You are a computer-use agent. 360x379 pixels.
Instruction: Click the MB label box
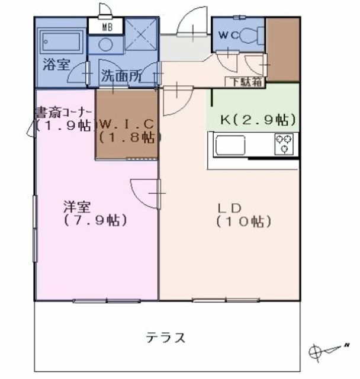click(105, 27)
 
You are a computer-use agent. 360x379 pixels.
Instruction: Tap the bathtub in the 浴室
click(60, 42)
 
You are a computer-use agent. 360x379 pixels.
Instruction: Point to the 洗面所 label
click(120, 76)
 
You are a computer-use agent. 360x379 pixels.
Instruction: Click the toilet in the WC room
click(251, 36)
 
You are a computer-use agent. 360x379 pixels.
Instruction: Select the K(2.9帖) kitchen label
click(258, 120)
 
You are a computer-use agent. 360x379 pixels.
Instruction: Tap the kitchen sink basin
click(229, 144)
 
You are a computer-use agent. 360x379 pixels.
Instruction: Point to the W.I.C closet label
click(127, 124)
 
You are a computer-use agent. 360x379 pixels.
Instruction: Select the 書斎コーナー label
click(63, 111)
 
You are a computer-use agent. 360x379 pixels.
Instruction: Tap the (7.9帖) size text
click(95, 221)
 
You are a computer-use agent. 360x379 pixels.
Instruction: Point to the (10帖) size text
click(243, 222)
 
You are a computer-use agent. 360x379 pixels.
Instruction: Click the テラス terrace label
click(166, 338)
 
